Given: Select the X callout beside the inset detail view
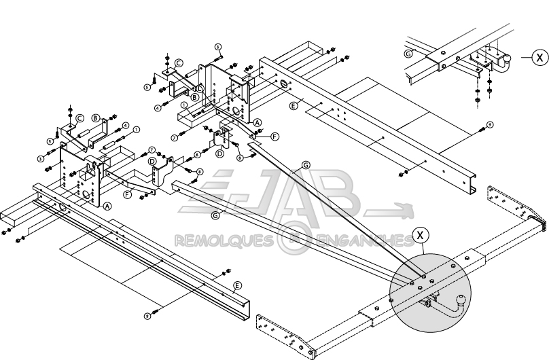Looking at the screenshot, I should coord(539,58).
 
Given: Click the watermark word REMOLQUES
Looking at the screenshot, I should coord(224,240).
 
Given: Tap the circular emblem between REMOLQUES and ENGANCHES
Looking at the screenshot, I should coord(292,240).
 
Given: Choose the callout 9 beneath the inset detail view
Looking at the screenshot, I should coord(490,126).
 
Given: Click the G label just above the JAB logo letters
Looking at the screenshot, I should coord(305,165).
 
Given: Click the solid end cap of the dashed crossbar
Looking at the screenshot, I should coord(541,223).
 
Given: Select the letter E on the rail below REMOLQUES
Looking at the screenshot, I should coord(236,285).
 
